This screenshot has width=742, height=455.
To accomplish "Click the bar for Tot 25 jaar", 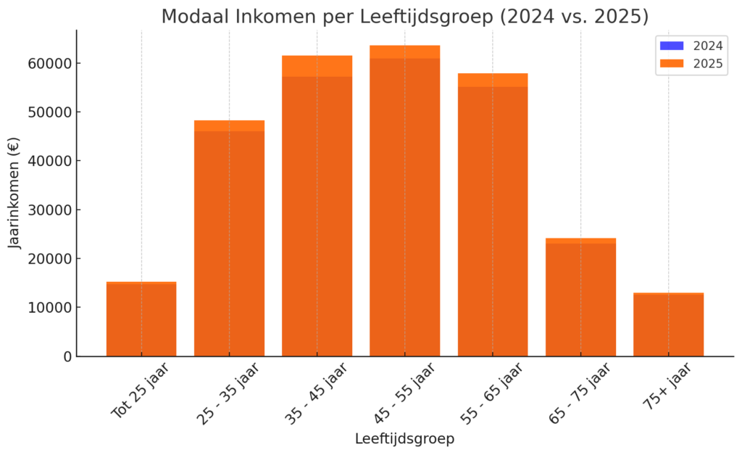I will click(x=141, y=319).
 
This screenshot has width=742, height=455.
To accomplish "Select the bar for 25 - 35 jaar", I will click(x=229, y=239).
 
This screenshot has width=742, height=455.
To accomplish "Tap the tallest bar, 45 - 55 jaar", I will click(x=404, y=203).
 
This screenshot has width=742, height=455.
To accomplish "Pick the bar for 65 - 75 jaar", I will click(x=580, y=297).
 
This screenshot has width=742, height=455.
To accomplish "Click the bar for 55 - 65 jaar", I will click(x=493, y=217).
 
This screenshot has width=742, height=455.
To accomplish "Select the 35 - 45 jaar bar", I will click(x=317, y=210).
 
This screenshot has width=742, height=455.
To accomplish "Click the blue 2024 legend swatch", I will click(x=672, y=46).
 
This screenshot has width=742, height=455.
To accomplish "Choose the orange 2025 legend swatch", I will click(x=672, y=64).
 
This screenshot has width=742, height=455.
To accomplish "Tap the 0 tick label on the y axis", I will click(x=68, y=356).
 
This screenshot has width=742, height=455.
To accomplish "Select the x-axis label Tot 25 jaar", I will click(x=141, y=391).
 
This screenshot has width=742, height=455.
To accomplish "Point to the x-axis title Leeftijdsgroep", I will click(x=404, y=439).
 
